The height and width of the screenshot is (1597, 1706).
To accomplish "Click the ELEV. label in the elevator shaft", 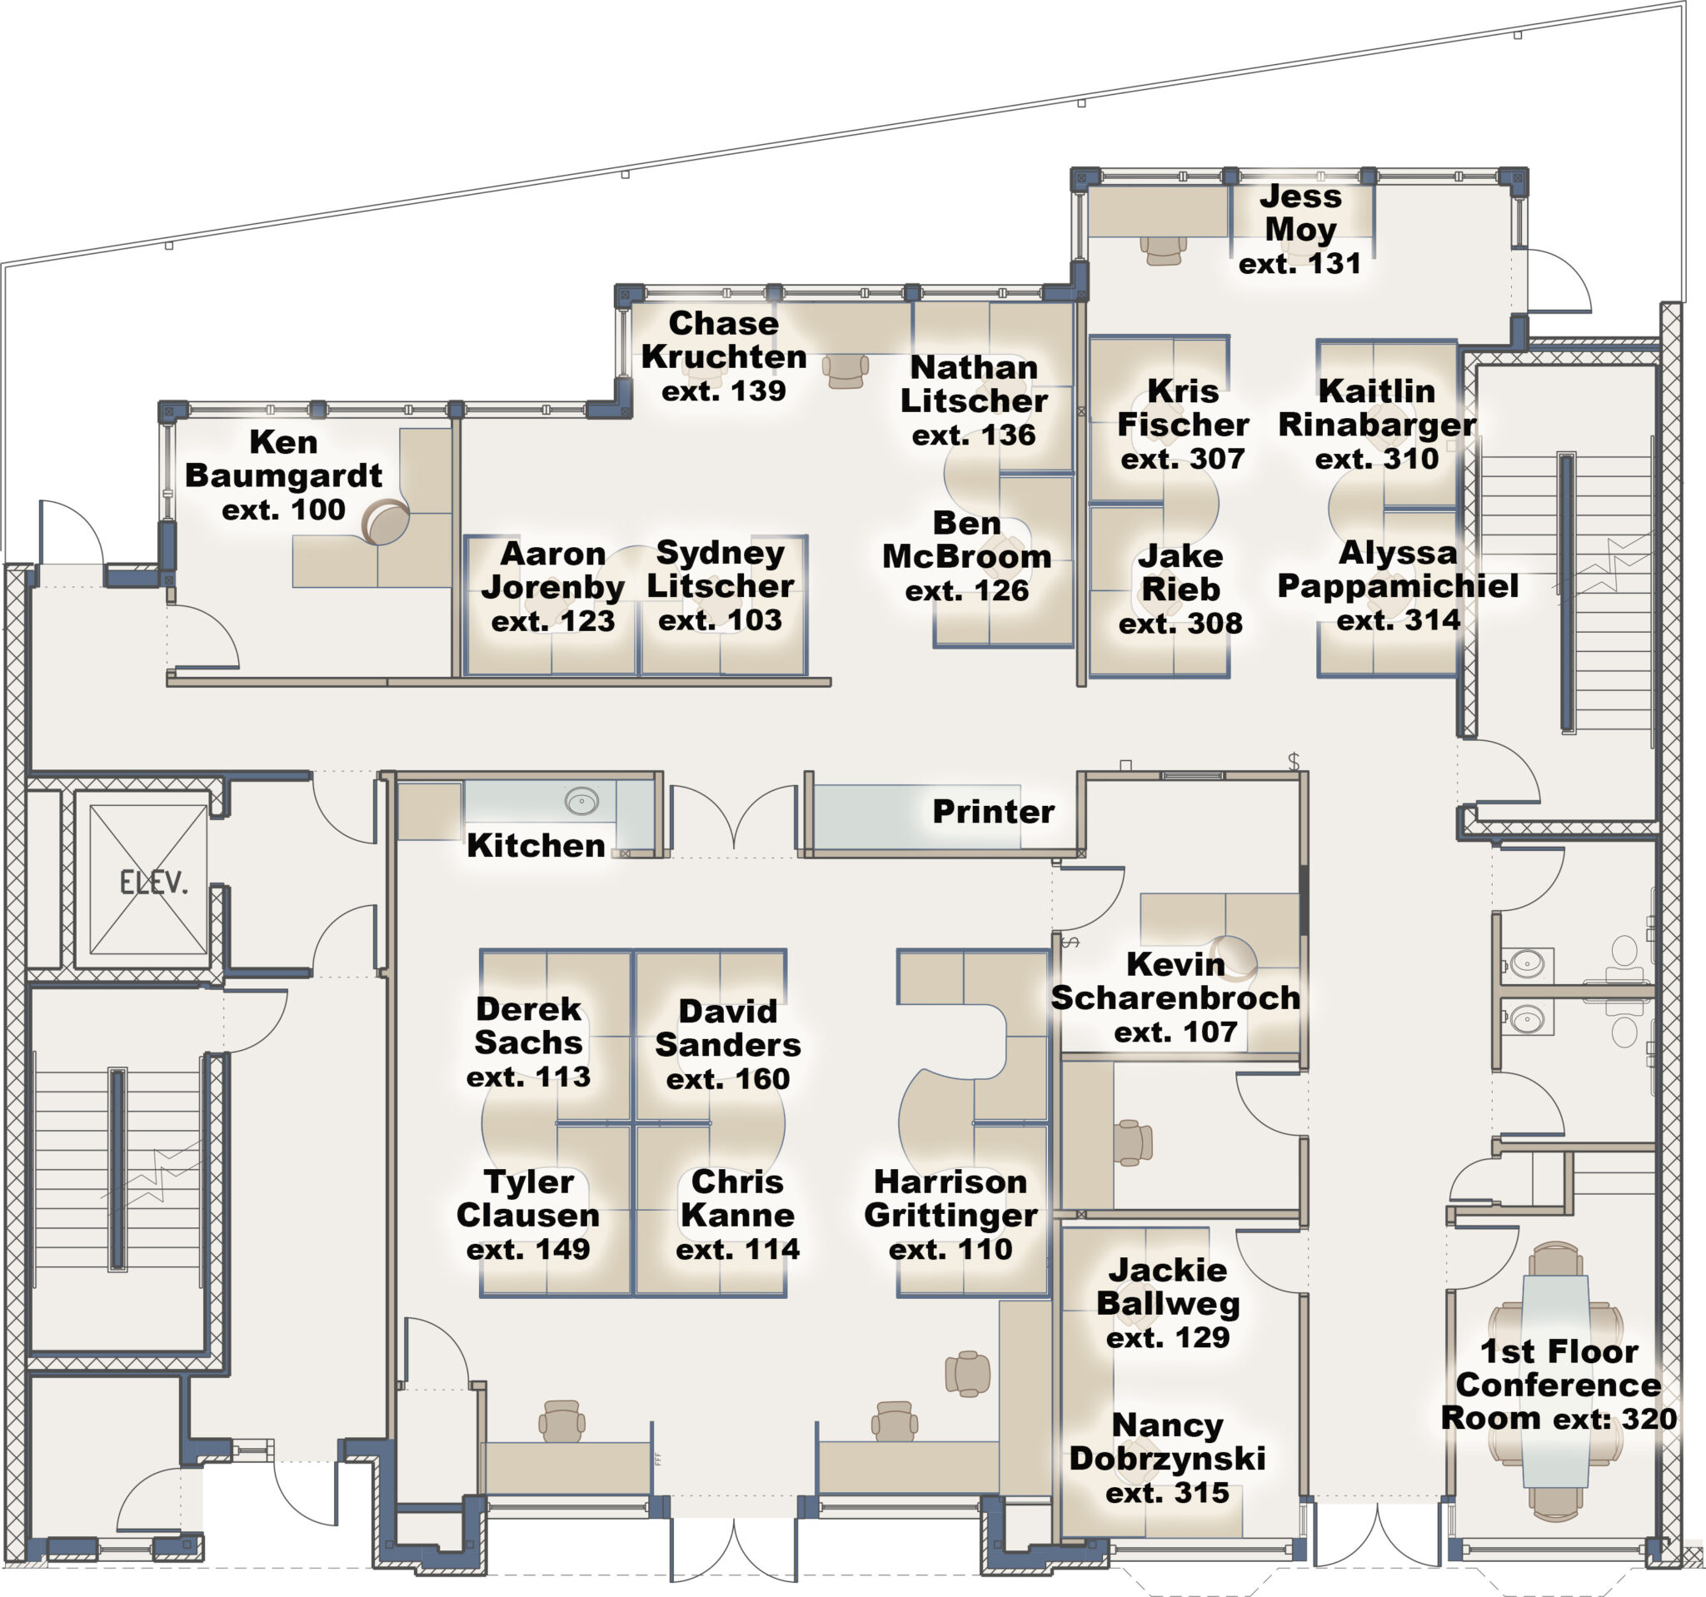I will [152, 882].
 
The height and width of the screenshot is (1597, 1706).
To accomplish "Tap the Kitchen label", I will [536, 846].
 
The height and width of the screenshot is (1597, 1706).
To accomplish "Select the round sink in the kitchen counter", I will [581, 802].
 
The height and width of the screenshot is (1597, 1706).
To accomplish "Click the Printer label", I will [993, 811].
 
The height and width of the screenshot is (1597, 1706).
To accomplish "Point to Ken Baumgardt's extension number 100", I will [283, 510].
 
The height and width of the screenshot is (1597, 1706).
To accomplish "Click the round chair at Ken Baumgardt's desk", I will [385, 520].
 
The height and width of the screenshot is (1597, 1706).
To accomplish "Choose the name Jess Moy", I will [1300, 212].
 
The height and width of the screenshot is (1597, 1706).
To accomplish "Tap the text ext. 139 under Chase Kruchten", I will [723, 391].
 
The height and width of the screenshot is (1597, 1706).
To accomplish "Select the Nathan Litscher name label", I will [974, 384].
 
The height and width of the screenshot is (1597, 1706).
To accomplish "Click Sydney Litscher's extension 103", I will [720, 619].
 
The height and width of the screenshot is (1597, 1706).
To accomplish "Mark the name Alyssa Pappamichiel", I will [1398, 570].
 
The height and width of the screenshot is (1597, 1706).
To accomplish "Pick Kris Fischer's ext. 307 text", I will [1183, 459].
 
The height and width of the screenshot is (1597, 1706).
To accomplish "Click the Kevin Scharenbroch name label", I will [1175, 981].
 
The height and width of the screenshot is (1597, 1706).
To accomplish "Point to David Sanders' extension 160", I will [728, 1078].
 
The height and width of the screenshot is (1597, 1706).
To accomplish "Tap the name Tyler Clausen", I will [528, 1198].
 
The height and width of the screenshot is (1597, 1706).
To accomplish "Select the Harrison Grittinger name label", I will [950, 1198].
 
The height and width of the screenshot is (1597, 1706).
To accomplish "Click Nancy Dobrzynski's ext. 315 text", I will [1167, 1493].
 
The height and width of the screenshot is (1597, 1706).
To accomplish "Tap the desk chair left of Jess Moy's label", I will [1163, 250].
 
